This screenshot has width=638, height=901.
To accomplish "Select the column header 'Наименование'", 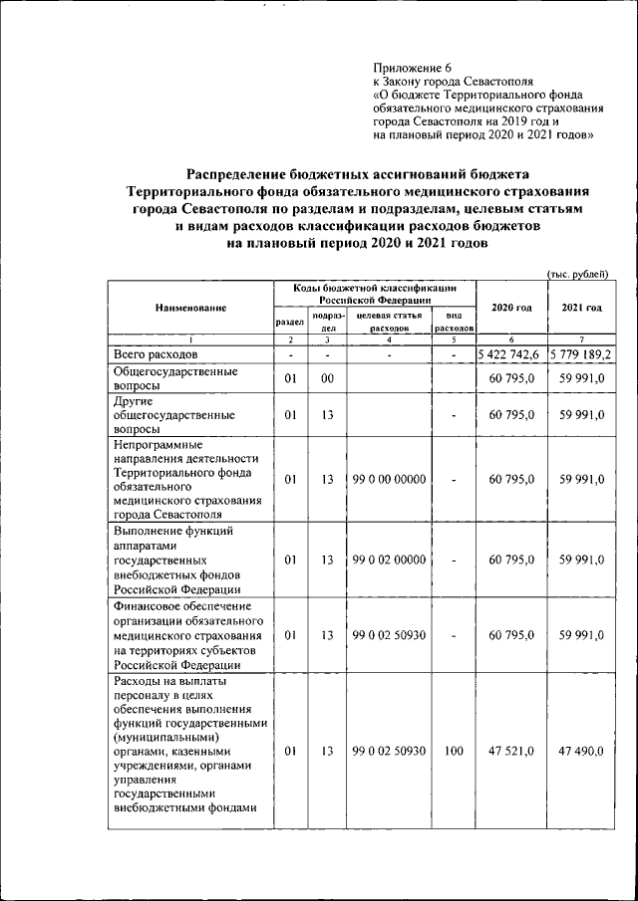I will (x=190, y=308).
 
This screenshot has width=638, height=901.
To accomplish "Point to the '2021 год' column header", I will (x=581, y=307).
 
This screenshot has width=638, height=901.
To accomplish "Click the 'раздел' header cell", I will (x=289, y=322).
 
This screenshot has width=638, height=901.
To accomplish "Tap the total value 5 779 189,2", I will (x=581, y=354).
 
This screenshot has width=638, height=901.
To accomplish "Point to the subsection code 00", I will (x=326, y=379).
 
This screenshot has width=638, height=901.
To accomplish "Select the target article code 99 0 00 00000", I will (x=389, y=479).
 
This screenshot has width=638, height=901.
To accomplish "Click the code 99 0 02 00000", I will (x=389, y=560).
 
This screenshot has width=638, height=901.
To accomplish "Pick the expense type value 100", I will (x=454, y=752).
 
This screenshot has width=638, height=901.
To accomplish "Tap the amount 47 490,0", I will (x=582, y=752).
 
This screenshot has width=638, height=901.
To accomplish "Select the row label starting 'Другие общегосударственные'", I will (x=174, y=414).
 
